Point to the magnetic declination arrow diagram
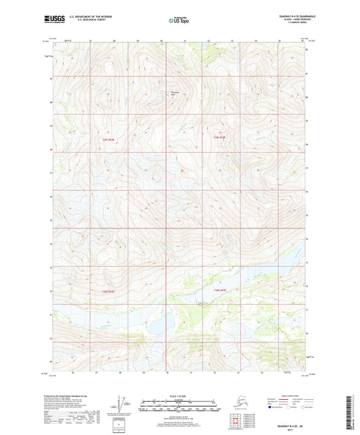tap(120, 405)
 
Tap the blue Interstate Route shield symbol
tap(272, 408)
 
